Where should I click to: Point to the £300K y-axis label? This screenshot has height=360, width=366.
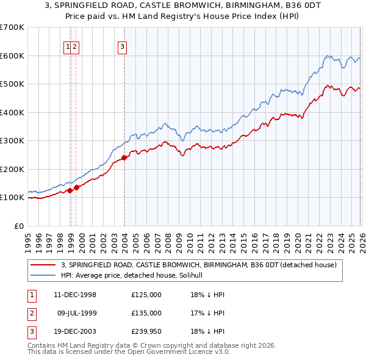[x=12, y=140]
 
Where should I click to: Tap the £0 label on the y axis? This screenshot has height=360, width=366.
[x=20, y=226]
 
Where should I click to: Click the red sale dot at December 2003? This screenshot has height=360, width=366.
[x=124, y=157]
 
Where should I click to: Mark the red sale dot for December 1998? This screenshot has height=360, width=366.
[x=70, y=190]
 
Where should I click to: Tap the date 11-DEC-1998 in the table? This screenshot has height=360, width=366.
[x=75, y=295]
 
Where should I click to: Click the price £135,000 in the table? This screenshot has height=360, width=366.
[x=146, y=313]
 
